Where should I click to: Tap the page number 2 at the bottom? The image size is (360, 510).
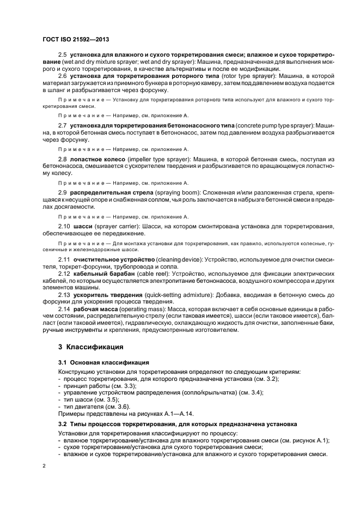pos(44,466)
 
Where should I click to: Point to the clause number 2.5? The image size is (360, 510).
pos(62,57)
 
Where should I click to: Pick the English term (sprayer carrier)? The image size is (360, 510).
pos(118,226)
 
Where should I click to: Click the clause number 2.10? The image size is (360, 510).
pos(64,226)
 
